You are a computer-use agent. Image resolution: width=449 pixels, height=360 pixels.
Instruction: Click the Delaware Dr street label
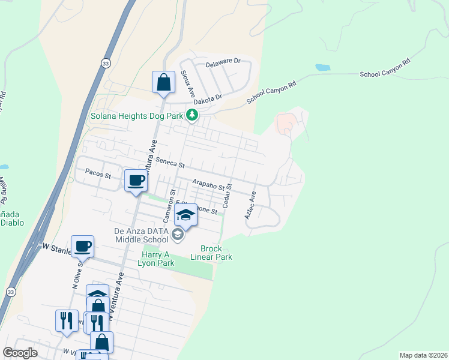[223, 62]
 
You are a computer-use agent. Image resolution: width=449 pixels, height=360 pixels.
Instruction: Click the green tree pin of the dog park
[191, 114]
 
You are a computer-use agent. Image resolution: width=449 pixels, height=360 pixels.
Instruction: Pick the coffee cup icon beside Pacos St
[136, 180]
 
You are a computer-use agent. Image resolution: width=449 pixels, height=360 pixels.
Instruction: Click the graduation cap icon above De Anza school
[186, 215]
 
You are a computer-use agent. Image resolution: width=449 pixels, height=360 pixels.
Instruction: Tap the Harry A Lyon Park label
[158, 259]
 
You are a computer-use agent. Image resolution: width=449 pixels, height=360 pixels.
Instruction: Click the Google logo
[20, 353]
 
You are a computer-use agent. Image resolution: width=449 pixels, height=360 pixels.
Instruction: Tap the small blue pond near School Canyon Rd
[322, 67]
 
